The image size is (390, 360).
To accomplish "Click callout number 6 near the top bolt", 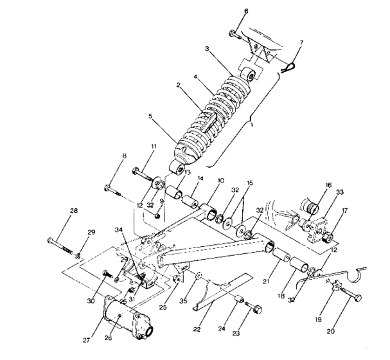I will click(245, 11).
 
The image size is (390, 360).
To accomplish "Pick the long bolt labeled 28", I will click(58, 245).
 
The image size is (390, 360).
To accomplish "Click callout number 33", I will click(340, 191).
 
